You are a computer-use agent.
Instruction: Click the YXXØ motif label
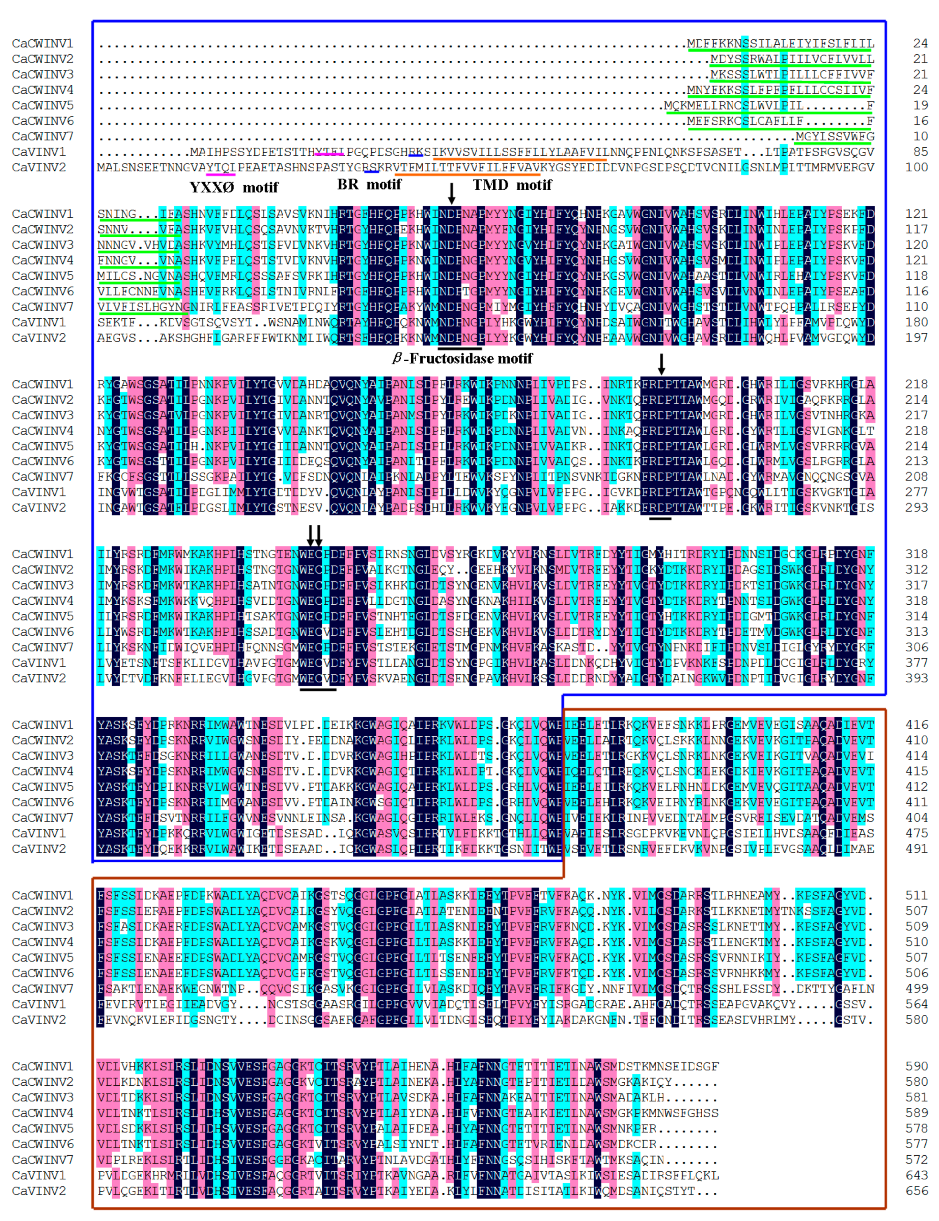234,187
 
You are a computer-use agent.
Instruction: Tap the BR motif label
369,185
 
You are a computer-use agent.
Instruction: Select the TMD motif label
512,185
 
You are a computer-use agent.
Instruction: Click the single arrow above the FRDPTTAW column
661,364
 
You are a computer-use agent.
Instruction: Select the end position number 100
917,167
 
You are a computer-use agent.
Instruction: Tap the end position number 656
917,1190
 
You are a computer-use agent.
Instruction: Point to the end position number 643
917,1175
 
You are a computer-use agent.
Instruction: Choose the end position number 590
917,1066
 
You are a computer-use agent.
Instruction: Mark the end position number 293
917,507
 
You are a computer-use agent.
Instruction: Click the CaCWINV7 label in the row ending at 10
43,136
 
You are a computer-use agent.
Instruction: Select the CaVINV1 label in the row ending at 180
39,322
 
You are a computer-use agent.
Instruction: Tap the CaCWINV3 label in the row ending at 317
43,585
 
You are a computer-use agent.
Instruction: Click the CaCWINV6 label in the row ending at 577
43,1144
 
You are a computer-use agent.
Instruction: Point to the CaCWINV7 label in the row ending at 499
43,988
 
